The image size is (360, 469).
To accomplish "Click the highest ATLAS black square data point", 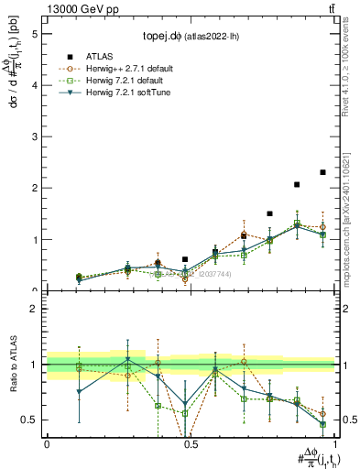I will click(322, 172).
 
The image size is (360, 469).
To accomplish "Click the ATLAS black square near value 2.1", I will click(297, 184).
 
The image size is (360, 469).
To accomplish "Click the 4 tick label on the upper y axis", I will click(36, 85).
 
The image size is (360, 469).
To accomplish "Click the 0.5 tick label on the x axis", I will click(190, 442).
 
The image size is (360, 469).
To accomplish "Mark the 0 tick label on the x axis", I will click(47, 442).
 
